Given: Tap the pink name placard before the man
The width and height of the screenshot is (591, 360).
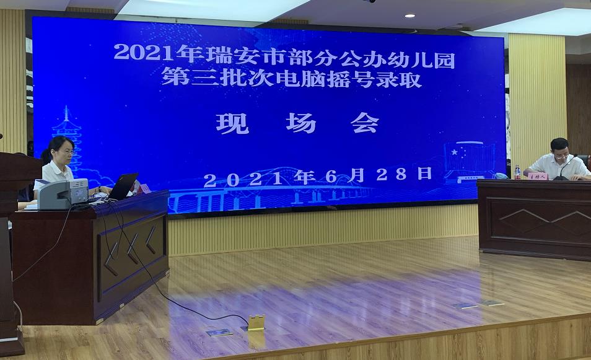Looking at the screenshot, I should tap(538, 176).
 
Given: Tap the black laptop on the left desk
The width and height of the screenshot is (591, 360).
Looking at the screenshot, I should tap(122, 186).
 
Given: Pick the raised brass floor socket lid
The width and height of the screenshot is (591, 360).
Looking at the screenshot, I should tap(256, 322).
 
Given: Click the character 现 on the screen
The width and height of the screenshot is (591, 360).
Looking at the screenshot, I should tap(232, 123).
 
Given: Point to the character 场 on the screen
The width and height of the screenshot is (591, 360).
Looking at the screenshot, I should tap(302, 123).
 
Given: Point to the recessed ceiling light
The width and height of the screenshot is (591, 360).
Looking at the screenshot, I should tap(409, 15).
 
